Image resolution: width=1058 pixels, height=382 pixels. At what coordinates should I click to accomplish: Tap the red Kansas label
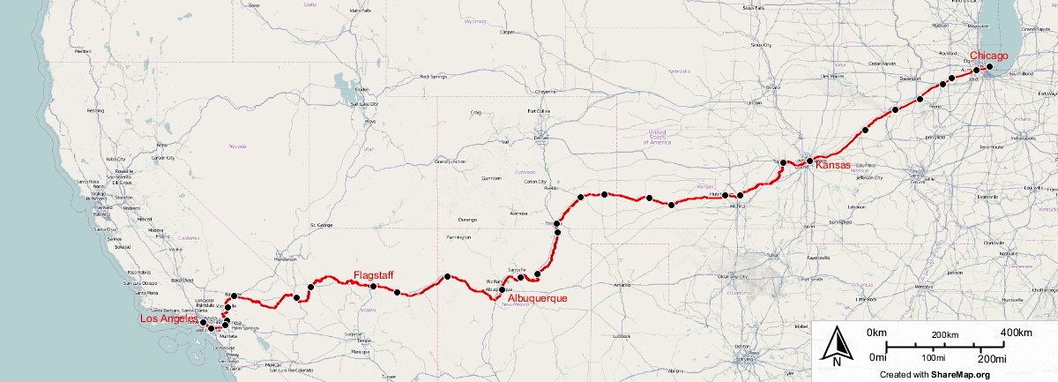tap(833, 165)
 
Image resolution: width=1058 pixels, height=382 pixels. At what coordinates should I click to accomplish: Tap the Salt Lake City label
tap(364, 103)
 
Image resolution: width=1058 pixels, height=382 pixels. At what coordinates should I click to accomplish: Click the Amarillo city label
tap(623, 285)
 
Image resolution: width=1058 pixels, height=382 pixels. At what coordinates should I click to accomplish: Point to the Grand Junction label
tap(451, 162)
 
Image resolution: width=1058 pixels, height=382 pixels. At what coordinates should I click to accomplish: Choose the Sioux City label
tap(760, 44)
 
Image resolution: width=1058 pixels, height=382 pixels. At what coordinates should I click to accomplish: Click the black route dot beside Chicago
tap(990, 67)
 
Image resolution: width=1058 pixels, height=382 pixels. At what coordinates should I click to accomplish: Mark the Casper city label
tap(506, 33)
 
